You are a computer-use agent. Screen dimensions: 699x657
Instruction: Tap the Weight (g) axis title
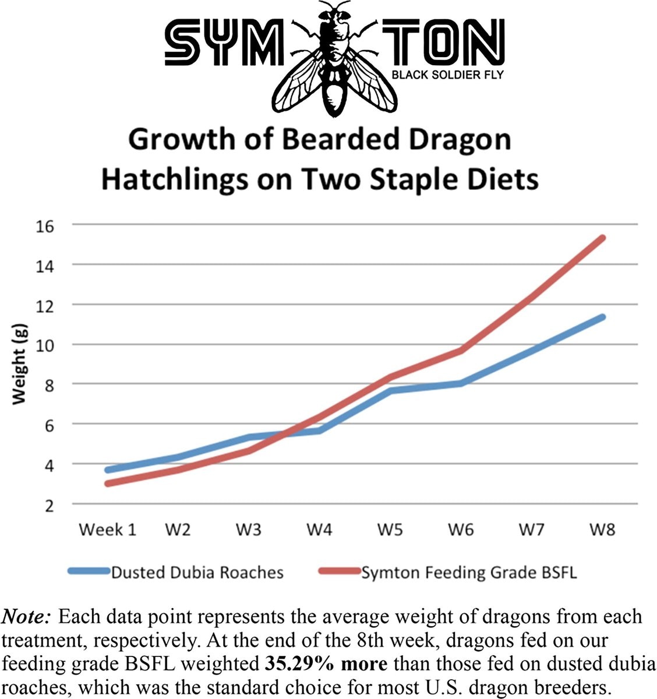(x=19, y=364)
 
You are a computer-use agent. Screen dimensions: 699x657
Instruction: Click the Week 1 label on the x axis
(x=107, y=530)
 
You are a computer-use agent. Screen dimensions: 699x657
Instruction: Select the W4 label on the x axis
(x=320, y=530)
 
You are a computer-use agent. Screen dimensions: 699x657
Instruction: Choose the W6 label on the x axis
(x=461, y=530)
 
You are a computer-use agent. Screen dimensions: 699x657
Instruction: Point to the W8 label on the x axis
(x=602, y=530)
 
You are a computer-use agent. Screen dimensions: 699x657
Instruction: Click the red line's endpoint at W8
(x=602, y=238)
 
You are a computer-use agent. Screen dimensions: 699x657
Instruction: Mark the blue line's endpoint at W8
(x=602, y=317)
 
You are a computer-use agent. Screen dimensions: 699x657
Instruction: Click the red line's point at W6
(x=461, y=350)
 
